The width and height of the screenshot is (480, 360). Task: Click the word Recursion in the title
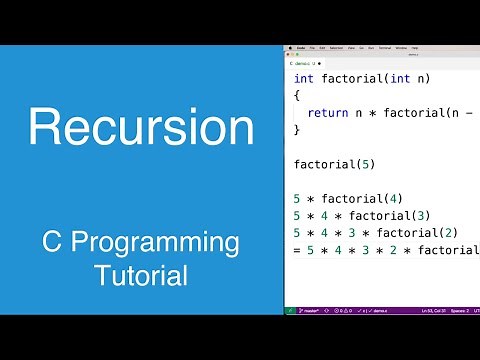pyautogui.click(x=140, y=129)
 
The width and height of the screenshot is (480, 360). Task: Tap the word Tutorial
pyautogui.click(x=140, y=273)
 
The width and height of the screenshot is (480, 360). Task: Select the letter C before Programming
pyautogui.click(x=53, y=243)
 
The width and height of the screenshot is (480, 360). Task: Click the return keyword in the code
pyautogui.click(x=327, y=113)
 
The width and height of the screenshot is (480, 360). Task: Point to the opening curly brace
pyautogui.click(x=297, y=95)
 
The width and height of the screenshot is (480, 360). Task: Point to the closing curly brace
pyautogui.click(x=297, y=130)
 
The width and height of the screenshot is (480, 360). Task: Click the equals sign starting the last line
pyautogui.click(x=297, y=249)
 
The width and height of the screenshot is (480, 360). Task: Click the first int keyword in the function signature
pyautogui.click(x=304, y=78)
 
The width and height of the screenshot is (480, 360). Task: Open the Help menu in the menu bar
pyautogui.click(x=415, y=47)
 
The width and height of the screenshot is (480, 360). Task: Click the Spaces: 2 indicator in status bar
pyautogui.click(x=455, y=311)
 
